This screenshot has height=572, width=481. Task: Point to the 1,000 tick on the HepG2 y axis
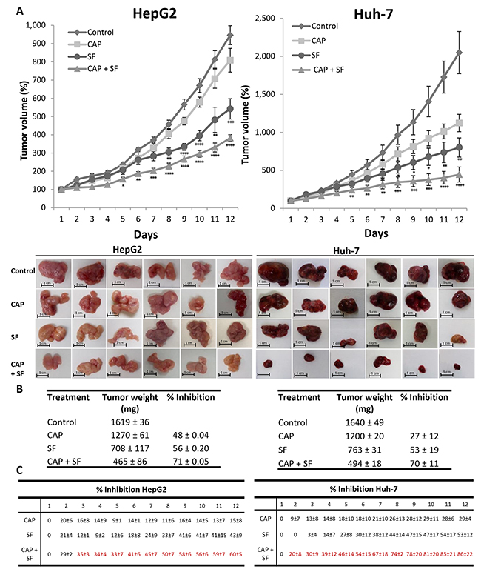tap(33, 25)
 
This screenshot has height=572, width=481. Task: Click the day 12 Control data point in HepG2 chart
tap(230, 36)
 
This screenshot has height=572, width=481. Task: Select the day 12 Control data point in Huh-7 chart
tap(460, 52)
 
